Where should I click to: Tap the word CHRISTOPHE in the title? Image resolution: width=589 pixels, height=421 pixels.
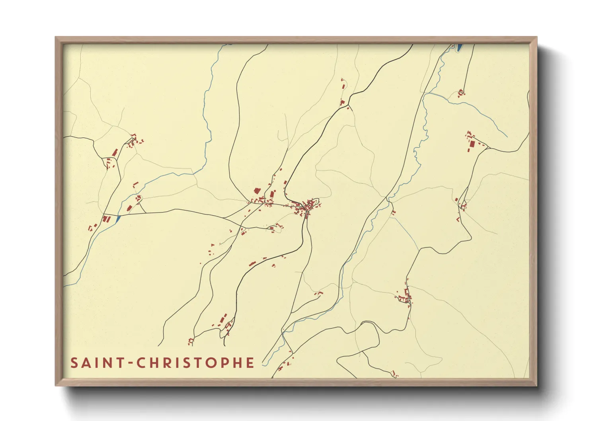click(x=195, y=363)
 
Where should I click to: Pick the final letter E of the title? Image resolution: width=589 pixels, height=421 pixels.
click(x=250, y=363)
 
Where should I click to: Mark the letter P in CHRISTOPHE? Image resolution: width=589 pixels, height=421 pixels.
click(x=225, y=363)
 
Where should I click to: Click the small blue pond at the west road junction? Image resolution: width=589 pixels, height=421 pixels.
click(x=117, y=218)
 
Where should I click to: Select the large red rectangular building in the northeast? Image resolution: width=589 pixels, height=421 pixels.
click(x=472, y=144)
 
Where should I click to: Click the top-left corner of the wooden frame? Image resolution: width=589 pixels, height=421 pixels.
click(x=56, y=37)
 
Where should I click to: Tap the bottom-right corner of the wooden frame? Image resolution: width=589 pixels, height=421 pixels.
click(x=537, y=386)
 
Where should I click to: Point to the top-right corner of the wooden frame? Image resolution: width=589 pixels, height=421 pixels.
click(x=537, y=37)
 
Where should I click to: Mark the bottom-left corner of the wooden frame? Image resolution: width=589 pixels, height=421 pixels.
click(x=56, y=386)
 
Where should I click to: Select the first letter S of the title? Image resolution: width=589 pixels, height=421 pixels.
click(x=74, y=363)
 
